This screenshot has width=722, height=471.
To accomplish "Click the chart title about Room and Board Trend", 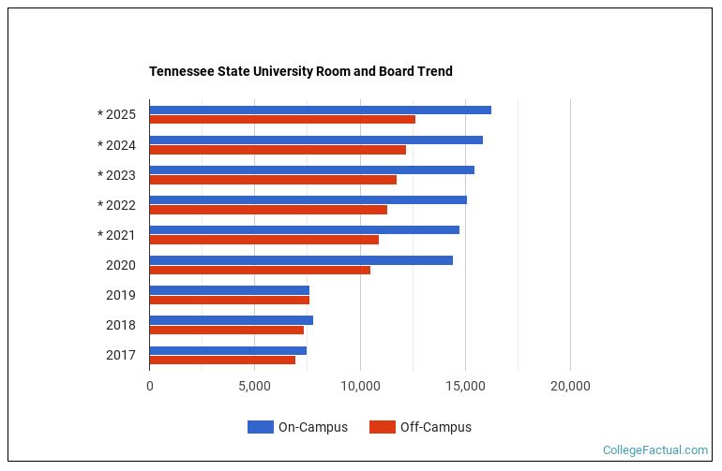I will (x=300, y=71).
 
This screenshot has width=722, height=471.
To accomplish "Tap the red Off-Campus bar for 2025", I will (x=281, y=120).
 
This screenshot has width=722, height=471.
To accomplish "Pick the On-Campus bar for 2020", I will (x=300, y=260).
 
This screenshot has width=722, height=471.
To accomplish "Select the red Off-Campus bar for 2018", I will (x=226, y=330).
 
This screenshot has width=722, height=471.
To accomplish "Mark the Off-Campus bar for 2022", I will (x=268, y=210).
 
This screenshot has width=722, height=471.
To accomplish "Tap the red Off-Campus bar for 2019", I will (x=229, y=300).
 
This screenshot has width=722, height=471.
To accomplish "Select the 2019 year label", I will (x=120, y=295).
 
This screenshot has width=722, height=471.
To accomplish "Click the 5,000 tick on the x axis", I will (x=254, y=386).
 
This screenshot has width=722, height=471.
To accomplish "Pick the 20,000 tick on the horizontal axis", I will (x=569, y=386).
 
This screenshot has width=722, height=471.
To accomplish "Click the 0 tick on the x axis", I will (x=150, y=386).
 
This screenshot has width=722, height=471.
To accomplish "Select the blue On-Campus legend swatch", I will (x=260, y=427).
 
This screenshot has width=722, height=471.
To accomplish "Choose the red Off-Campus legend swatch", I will (x=382, y=427).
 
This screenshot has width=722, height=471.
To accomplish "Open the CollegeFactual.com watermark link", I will (x=654, y=450).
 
